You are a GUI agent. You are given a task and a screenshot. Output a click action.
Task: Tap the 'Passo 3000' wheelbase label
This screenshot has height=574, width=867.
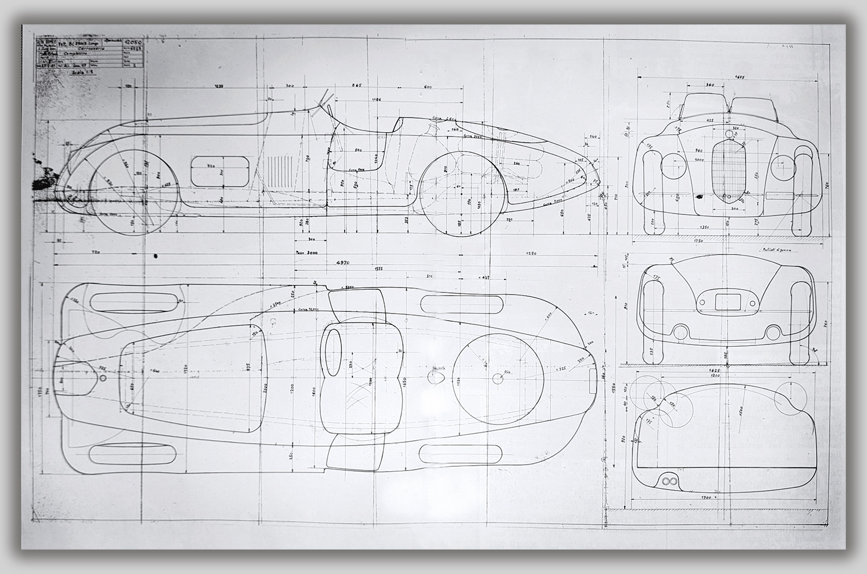point(307,252)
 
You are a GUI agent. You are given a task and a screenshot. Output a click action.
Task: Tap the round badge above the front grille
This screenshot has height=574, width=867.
point(728,134)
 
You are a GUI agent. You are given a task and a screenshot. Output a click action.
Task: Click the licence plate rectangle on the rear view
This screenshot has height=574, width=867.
point(727,301)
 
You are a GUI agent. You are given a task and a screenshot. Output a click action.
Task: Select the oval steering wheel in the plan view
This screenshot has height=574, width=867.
point(332,353)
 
